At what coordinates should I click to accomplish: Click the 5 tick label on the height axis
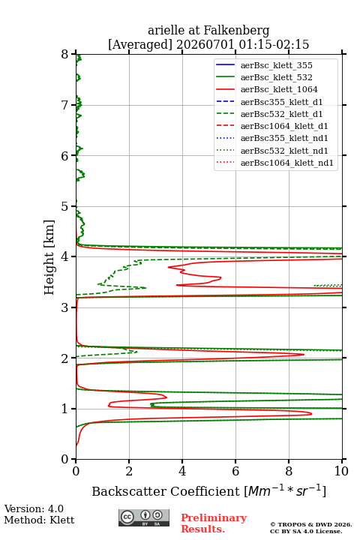64,206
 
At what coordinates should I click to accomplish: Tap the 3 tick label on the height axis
64,307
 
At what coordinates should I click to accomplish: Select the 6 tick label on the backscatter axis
235,471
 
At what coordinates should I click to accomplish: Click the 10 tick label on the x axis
341,471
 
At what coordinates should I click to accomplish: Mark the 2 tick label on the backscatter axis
129,471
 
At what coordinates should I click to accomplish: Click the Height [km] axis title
49,257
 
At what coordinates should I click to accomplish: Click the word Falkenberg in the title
235,31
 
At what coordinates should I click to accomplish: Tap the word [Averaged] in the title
140,44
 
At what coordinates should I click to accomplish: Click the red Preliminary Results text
214,523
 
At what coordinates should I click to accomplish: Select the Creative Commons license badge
144,517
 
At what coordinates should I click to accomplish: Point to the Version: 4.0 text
34,508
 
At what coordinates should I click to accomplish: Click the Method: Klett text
39,520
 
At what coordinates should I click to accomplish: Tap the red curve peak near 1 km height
311,413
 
